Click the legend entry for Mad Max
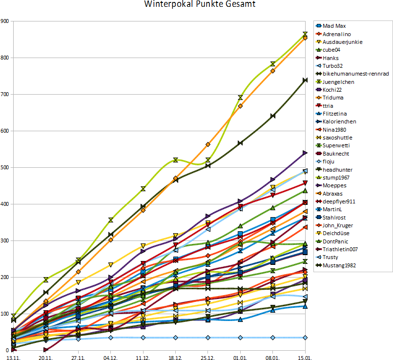point(334,26)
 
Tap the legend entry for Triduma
point(333,98)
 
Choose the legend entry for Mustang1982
point(340,265)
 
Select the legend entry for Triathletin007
point(341,249)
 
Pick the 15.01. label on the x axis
point(305,357)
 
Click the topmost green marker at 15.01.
point(305,34)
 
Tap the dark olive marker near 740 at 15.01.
point(305,80)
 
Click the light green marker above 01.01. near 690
point(240,98)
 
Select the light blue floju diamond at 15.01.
point(305,338)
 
